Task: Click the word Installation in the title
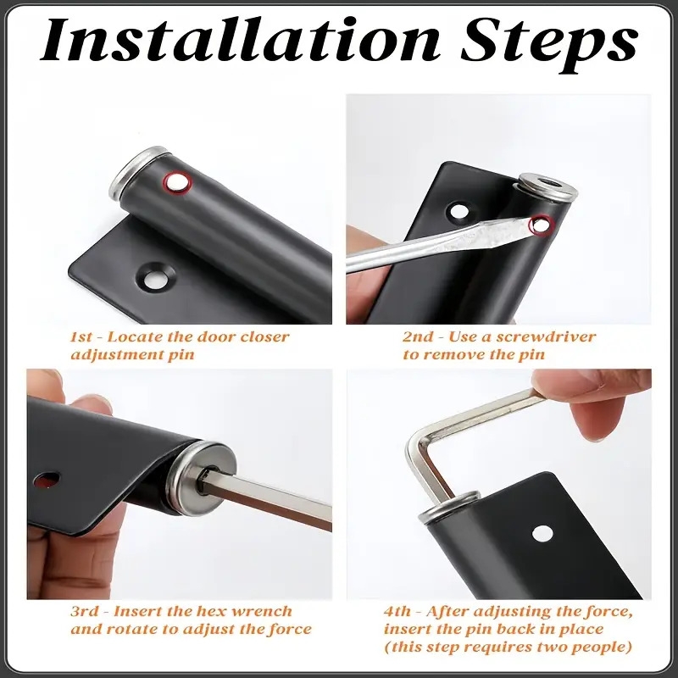tap(240, 41)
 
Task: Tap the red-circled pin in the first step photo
tap(177, 182)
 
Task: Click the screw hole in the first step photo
tap(155, 276)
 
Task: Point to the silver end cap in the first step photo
tap(139, 172)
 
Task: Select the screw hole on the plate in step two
tap(459, 212)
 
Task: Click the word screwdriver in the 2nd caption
tap(545, 336)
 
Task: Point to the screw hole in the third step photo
tap(47, 479)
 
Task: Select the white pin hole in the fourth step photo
tap(542, 534)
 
